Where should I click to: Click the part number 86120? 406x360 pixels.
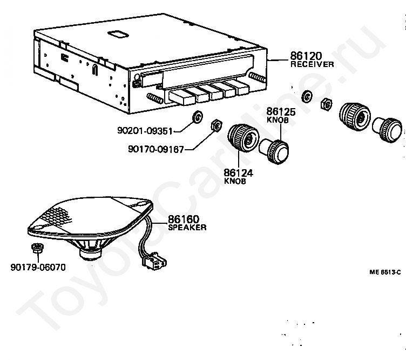click(x=305, y=56)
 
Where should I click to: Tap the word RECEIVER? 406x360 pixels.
click(x=312, y=64)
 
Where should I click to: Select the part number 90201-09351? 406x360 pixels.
click(x=147, y=131)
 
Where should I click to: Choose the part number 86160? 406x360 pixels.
click(x=184, y=219)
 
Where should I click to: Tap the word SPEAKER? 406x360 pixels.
click(x=187, y=228)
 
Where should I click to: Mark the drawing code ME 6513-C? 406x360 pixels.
click(x=385, y=273)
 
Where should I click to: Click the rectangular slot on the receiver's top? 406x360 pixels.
click(x=117, y=34)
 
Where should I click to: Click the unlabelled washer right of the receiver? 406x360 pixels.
click(x=306, y=97)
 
